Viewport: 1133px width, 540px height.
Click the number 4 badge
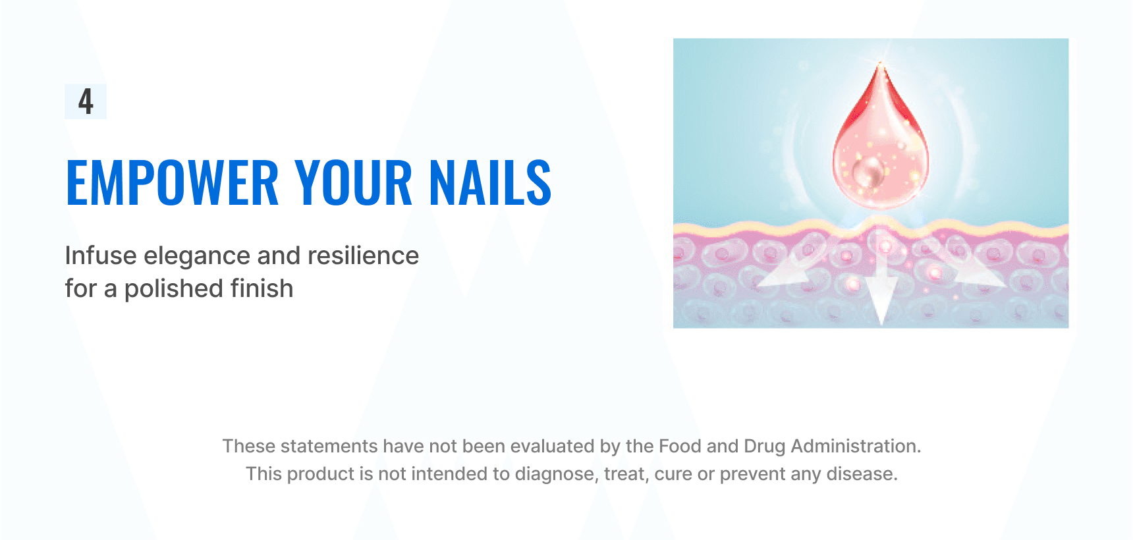[86, 101]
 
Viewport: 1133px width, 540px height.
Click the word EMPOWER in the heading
[173, 182]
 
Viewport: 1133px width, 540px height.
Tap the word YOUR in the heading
[354, 182]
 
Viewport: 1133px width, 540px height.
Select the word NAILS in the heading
[491, 182]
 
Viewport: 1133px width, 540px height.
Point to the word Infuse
[101, 256]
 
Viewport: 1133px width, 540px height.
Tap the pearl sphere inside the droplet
[868, 172]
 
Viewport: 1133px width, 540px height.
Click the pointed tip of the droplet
[880, 63]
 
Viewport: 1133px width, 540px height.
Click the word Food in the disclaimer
[680, 446]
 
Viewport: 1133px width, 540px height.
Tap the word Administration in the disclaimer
[856, 446]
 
